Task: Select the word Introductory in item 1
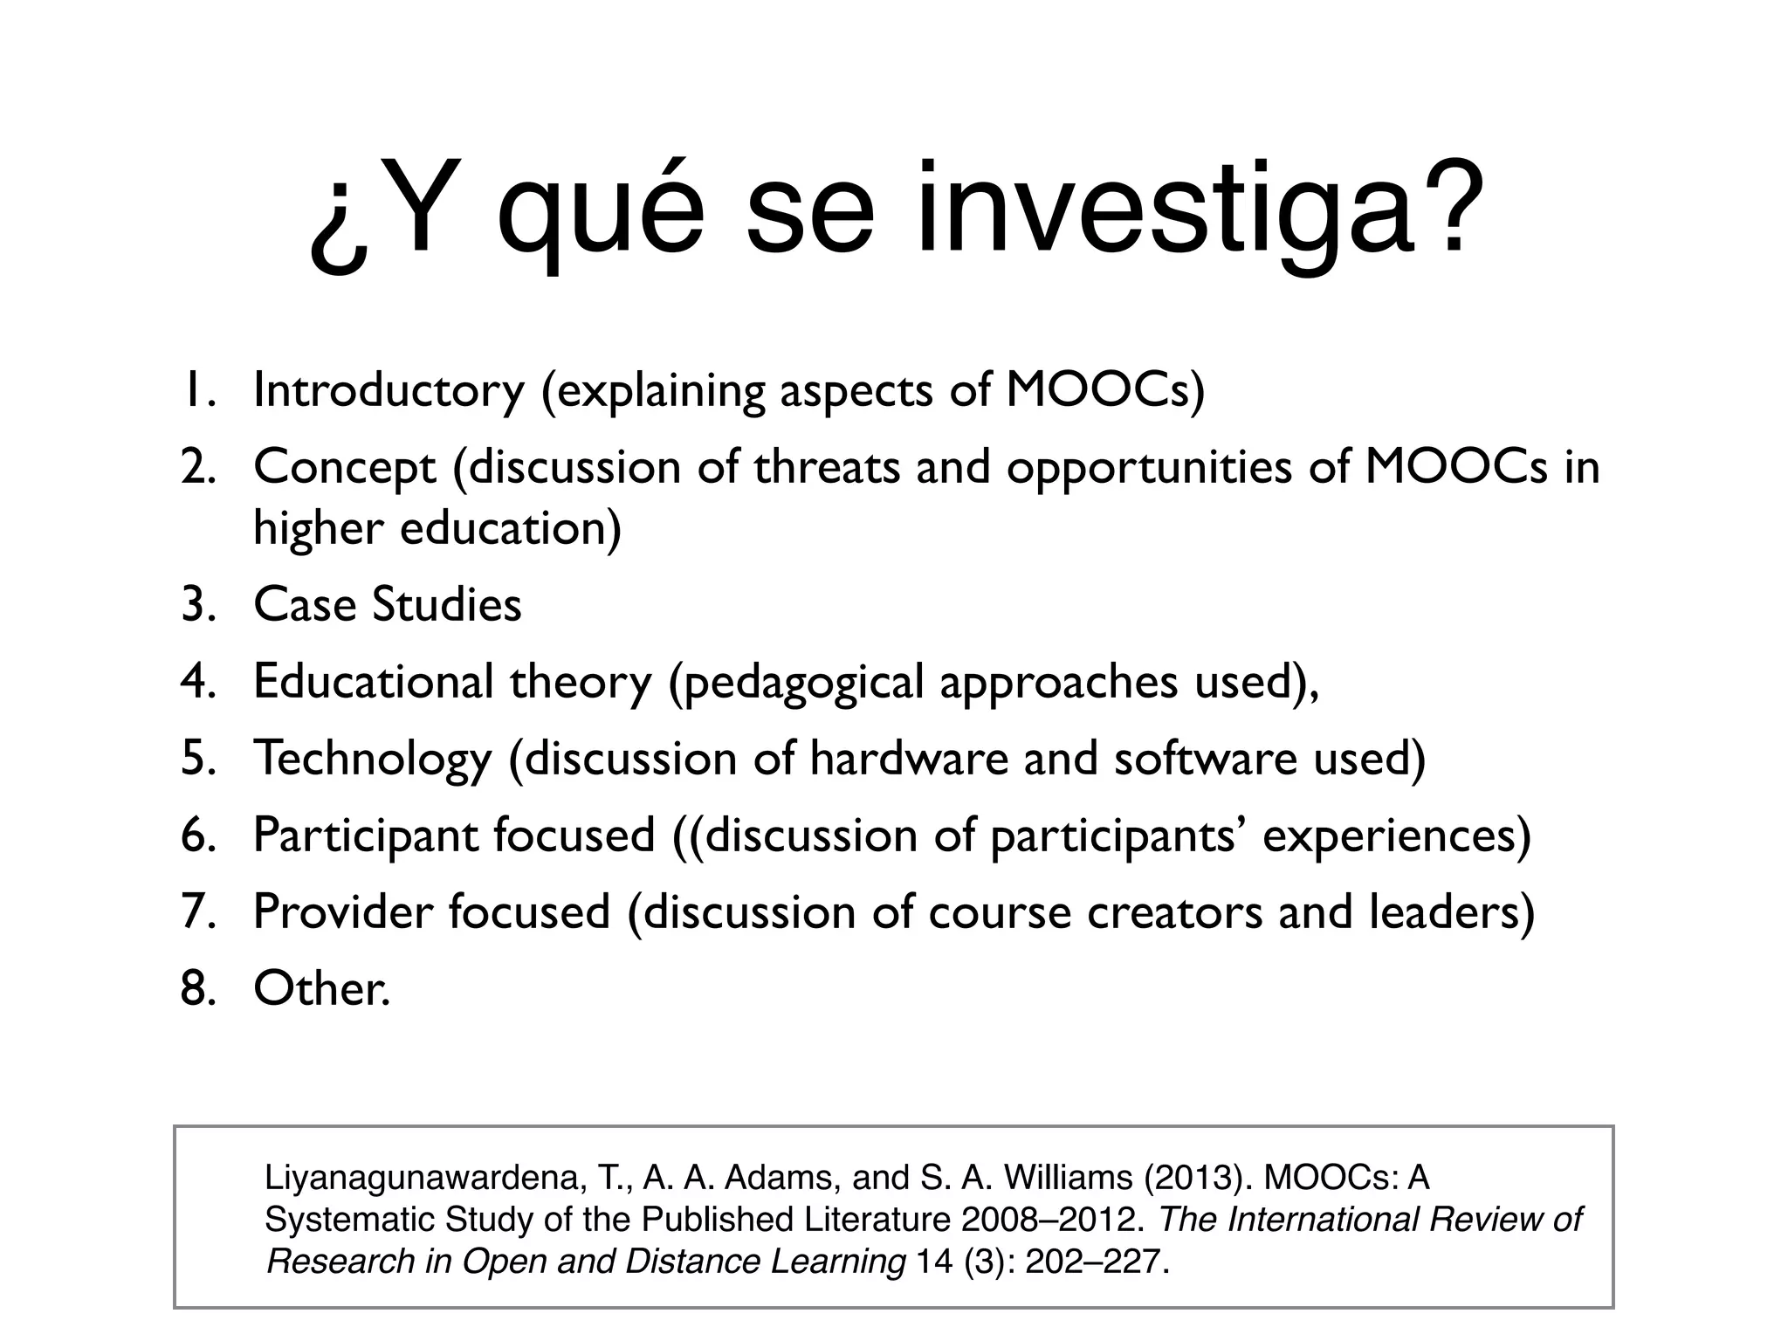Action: coord(389,390)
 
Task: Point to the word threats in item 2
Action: coord(827,467)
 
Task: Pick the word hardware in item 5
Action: coord(909,758)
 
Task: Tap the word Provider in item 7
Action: coord(342,911)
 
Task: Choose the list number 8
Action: coord(196,988)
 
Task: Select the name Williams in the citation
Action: coord(1068,1178)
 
